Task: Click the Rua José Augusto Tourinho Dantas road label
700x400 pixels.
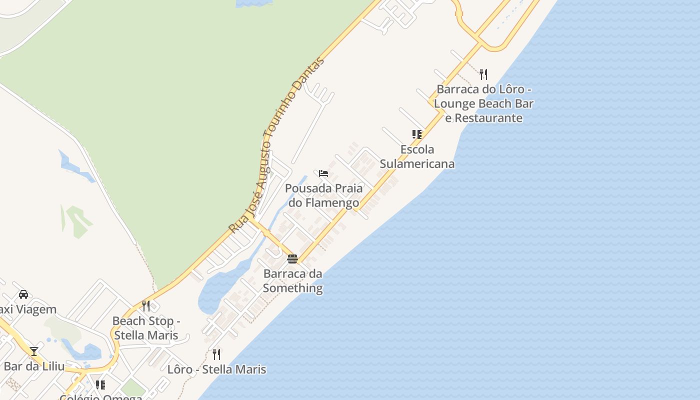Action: click(x=276, y=145)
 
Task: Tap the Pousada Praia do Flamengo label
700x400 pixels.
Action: click(x=324, y=195)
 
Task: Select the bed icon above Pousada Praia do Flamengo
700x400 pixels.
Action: click(x=323, y=173)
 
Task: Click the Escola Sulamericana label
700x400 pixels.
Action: click(x=417, y=156)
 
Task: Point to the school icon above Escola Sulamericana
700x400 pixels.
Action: click(x=416, y=134)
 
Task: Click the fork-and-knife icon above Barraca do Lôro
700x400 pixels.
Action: click(x=483, y=74)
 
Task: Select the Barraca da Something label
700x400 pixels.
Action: click(x=293, y=281)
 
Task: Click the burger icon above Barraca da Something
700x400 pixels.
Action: click(x=292, y=259)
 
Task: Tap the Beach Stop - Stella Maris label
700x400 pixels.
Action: click(x=146, y=328)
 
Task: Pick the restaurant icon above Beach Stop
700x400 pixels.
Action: click(x=146, y=305)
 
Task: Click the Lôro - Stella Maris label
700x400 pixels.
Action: click(x=216, y=369)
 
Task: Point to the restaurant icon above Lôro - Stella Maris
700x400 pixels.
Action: click(x=216, y=354)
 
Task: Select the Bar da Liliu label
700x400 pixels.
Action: click(x=34, y=366)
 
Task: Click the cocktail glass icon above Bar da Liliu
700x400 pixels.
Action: click(x=34, y=351)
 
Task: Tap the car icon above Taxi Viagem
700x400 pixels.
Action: click(x=23, y=294)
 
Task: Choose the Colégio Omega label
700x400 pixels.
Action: click(x=100, y=396)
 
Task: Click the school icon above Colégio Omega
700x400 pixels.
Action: click(x=100, y=384)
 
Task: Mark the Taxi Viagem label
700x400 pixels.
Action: click(x=27, y=309)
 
